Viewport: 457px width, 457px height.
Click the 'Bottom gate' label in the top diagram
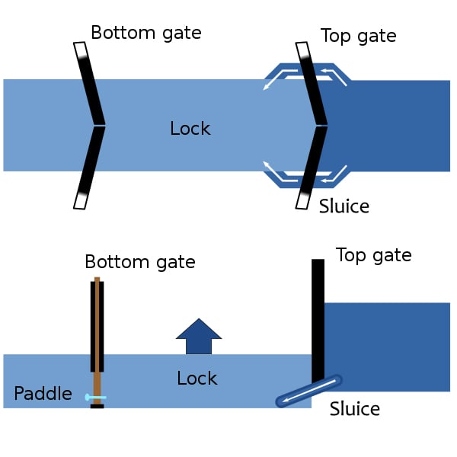tap(145, 33)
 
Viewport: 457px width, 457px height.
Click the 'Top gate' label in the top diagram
tap(358, 36)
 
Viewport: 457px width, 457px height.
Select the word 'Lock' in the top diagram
tap(190, 129)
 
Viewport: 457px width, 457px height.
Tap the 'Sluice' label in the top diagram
tap(344, 206)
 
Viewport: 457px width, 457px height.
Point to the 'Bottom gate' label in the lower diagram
tap(140, 262)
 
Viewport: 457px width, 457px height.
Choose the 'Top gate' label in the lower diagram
tap(373, 255)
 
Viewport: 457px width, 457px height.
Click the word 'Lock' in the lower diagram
tap(197, 379)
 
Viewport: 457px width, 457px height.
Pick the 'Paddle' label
tap(43, 394)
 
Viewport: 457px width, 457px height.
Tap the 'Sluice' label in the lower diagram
tap(355, 409)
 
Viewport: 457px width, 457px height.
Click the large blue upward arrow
tap(199, 337)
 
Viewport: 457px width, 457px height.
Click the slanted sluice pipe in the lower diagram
tap(308, 390)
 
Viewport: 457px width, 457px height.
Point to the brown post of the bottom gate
tap(97, 335)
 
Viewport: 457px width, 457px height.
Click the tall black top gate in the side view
tap(318, 320)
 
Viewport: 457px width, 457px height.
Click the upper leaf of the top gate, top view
tap(312, 84)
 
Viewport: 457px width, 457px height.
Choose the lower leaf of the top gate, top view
tap(311, 168)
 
